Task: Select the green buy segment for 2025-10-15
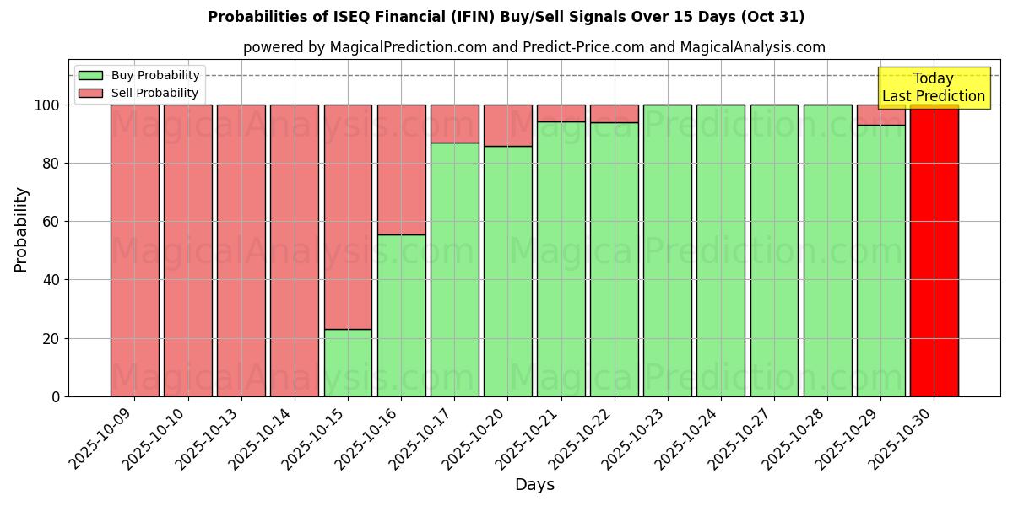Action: (348, 363)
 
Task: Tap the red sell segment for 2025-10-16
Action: (401, 170)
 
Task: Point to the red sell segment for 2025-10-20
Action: (507, 126)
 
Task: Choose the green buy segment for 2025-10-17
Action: (454, 270)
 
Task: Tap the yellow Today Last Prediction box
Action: (933, 88)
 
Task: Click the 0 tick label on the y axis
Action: (56, 396)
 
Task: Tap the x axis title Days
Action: (534, 485)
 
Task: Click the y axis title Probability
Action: (21, 229)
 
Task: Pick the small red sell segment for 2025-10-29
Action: (880, 115)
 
